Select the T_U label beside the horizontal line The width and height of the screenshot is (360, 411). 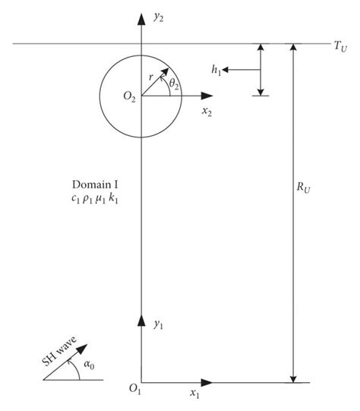(340, 47)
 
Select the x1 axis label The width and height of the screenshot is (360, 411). (194, 395)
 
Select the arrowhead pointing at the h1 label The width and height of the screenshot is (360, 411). (229, 70)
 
